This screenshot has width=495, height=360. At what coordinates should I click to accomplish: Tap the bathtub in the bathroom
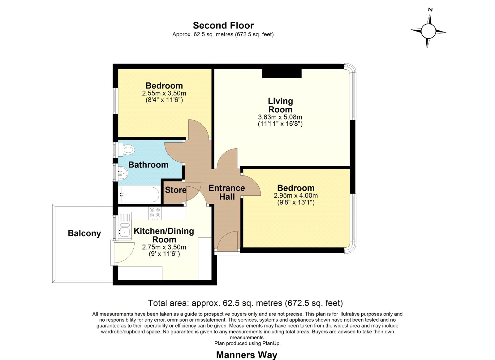[139, 194]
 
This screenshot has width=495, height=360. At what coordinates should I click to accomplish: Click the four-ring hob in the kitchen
[155, 213]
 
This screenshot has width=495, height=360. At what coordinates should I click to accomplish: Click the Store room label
[176, 190]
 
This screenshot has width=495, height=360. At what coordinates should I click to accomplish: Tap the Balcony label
[84, 233]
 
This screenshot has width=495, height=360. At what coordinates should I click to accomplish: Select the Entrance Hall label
[227, 192]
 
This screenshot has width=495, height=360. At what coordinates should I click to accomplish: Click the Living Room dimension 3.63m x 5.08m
[280, 117]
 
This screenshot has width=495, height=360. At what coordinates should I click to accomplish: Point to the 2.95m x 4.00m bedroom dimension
[296, 196]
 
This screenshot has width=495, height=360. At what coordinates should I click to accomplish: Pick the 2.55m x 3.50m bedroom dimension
[164, 93]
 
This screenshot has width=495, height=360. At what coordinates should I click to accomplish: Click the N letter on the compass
[430, 10]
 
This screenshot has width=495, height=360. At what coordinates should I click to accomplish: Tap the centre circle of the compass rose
[428, 31]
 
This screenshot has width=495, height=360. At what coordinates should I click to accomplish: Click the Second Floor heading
[223, 25]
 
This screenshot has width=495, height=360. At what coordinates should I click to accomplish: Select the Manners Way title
[247, 355]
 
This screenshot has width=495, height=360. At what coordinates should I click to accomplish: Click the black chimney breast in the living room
[282, 73]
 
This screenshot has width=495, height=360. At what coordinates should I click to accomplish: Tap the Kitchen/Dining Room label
[164, 235]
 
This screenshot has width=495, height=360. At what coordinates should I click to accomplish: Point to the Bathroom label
[148, 165]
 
